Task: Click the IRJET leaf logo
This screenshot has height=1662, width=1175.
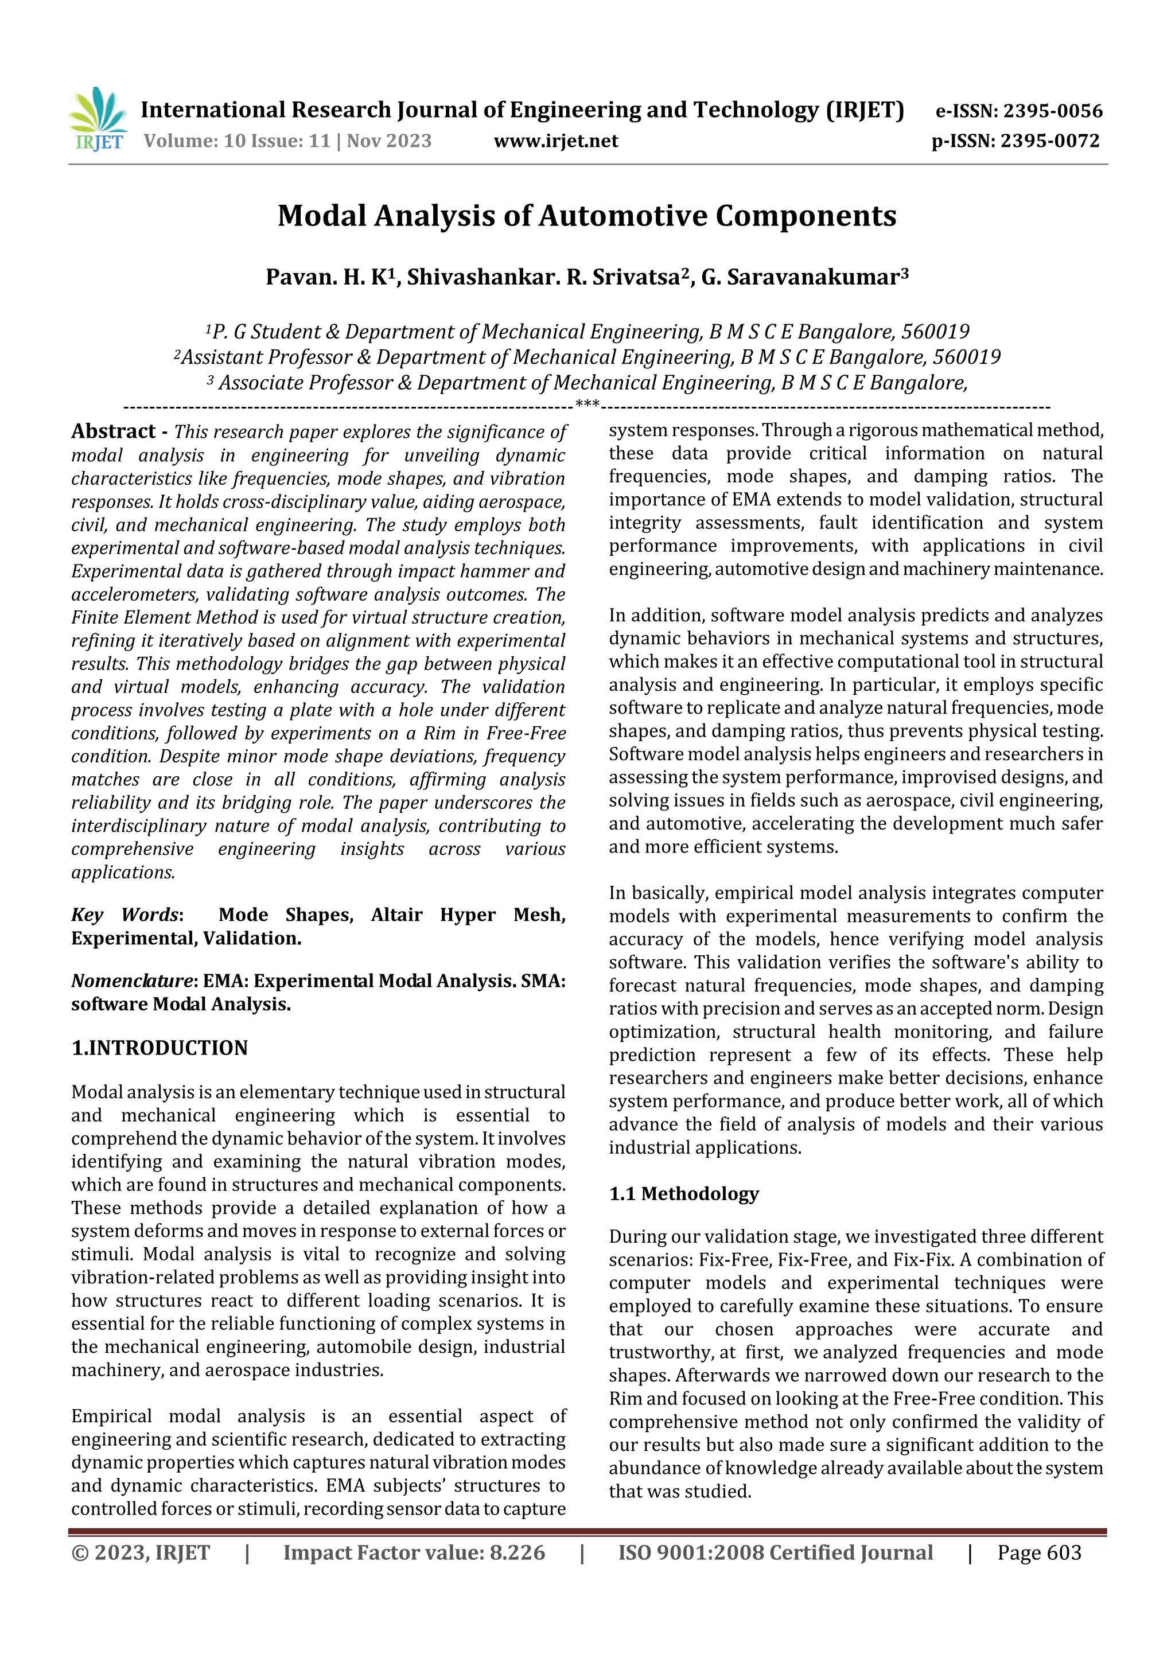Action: point(98,119)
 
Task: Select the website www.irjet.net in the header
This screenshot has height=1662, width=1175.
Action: point(555,141)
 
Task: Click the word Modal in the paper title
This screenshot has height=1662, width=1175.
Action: point(321,216)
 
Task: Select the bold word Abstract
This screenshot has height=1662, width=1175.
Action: point(113,431)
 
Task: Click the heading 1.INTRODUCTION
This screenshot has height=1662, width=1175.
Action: point(159,1048)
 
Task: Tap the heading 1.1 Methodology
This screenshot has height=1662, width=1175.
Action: point(683,1194)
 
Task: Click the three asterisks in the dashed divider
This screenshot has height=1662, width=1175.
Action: point(586,404)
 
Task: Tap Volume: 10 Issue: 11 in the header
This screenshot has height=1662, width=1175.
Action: point(237,141)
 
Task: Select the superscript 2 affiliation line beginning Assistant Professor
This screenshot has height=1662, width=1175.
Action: point(586,357)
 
